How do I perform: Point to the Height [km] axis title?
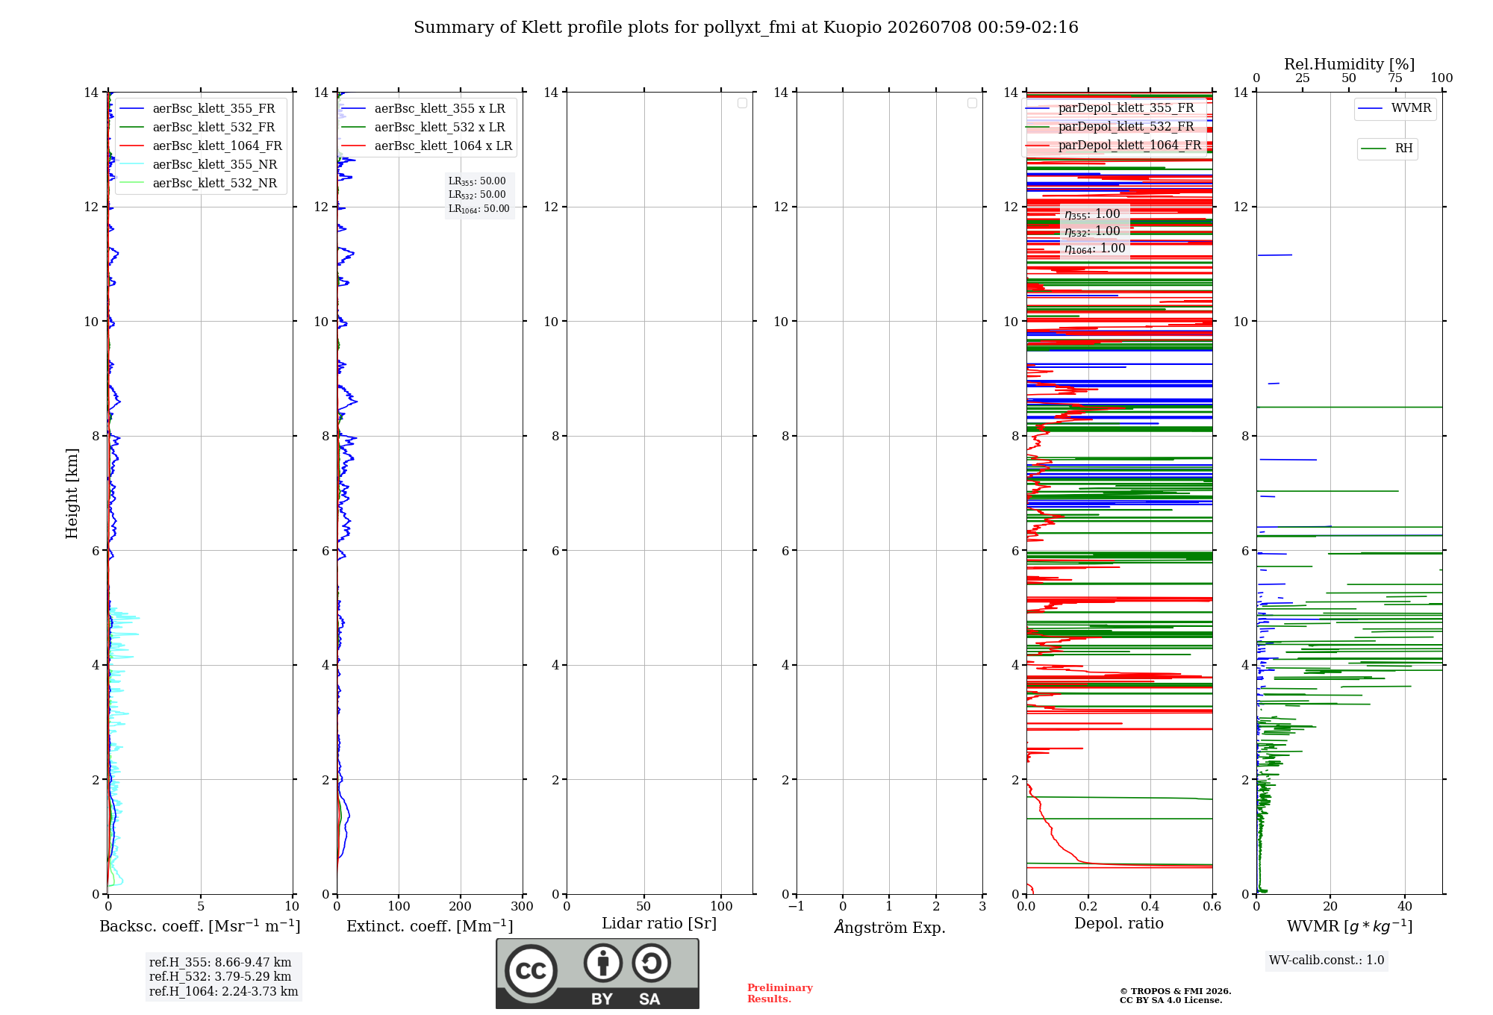pos(72,493)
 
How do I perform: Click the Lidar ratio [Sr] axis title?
pos(659,923)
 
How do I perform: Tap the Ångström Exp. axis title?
pos(890,927)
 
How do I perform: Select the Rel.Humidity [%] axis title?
pos(1350,64)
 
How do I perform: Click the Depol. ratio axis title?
pos(1119,923)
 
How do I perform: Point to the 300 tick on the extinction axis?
pos(522,906)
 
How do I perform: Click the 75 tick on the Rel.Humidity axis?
pos(1395,78)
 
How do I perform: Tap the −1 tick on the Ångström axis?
pos(797,906)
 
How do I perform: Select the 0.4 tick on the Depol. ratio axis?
pos(1150,906)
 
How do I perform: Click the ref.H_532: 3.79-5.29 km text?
pos(220,976)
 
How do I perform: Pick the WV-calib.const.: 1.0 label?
pos(1327,961)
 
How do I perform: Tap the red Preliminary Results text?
pos(780,993)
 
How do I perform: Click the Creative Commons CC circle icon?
pos(531,971)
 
